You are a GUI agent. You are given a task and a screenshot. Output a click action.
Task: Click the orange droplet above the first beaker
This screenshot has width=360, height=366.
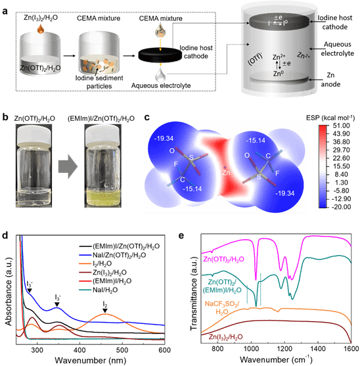(41, 28)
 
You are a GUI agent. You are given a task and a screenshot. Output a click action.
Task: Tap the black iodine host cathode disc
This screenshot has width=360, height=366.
(160, 55)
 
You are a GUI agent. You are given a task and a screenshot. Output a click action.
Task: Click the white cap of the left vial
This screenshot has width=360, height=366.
(34, 134)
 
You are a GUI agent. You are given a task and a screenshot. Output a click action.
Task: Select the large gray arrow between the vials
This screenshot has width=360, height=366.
(68, 166)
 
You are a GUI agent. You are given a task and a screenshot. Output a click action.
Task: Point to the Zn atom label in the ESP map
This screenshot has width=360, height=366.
(226, 173)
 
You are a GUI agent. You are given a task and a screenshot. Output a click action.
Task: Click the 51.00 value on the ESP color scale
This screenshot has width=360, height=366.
(341, 126)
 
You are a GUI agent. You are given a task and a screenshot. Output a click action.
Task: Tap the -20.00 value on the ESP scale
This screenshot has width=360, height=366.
(341, 207)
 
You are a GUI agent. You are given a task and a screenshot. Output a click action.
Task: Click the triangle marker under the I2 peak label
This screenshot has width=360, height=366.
(105, 310)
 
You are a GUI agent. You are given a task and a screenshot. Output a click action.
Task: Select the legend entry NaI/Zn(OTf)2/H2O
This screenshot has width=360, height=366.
(119, 255)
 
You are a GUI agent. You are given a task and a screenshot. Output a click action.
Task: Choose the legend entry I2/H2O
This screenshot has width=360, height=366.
(102, 263)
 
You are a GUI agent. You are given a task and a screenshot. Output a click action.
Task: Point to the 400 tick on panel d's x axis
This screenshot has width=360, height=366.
(79, 350)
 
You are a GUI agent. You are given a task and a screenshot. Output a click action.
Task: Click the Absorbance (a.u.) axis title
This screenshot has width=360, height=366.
(9, 292)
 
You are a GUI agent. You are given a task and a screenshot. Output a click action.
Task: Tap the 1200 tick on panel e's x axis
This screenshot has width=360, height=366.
(284, 349)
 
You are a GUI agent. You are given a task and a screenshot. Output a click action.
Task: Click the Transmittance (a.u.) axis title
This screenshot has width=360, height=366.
(194, 294)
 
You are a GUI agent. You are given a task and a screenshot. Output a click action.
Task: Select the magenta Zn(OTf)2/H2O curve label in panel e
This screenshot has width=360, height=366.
(224, 259)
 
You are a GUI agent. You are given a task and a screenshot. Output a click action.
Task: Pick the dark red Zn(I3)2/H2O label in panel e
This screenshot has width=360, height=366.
(225, 337)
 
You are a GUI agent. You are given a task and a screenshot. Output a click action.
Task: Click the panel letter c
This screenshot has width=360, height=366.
(146, 117)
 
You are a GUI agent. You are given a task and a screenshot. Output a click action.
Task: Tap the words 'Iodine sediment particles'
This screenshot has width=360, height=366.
(99, 82)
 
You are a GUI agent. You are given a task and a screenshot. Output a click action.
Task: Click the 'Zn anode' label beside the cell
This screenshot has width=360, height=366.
(330, 80)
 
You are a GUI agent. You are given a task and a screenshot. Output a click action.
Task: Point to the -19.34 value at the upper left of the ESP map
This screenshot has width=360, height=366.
(164, 139)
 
